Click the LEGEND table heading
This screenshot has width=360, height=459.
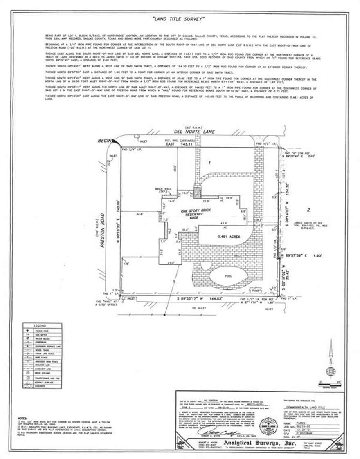click(x=42, y=325)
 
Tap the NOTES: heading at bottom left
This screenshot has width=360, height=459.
click(x=23, y=419)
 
